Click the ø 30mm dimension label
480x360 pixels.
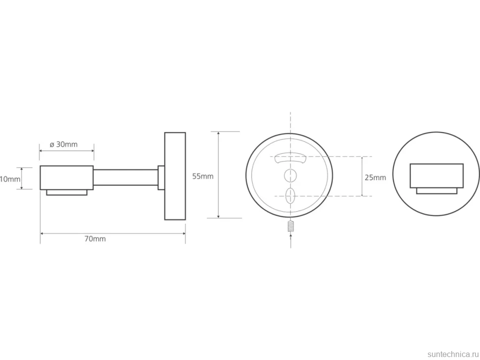[63, 144]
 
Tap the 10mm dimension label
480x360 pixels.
[10, 179]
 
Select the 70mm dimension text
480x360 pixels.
[95, 239]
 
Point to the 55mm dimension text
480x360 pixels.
[203, 177]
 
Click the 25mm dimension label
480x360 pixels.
[375, 178]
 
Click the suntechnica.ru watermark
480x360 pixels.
[453, 354]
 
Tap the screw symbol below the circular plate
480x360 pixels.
[290, 226]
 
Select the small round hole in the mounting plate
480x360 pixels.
[290, 175]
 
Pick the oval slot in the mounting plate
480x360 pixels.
[290, 196]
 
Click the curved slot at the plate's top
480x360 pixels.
[290, 158]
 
